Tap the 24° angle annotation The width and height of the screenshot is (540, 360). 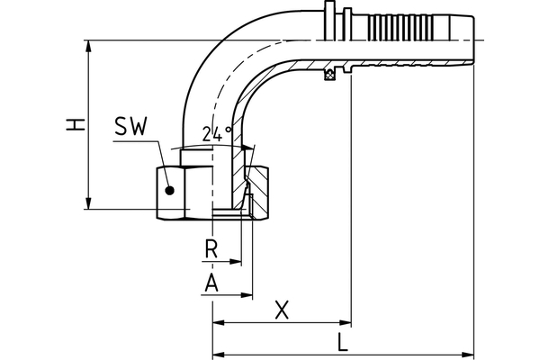[x=216, y=134]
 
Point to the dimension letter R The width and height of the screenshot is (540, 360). [x=211, y=247]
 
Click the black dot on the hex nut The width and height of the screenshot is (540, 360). [x=168, y=189]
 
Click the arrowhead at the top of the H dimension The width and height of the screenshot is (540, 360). [x=88, y=45]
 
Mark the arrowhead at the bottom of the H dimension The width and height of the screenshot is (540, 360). [x=88, y=204]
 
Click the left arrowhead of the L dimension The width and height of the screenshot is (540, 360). [x=217, y=354]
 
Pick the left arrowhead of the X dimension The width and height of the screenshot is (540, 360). [x=217, y=321]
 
